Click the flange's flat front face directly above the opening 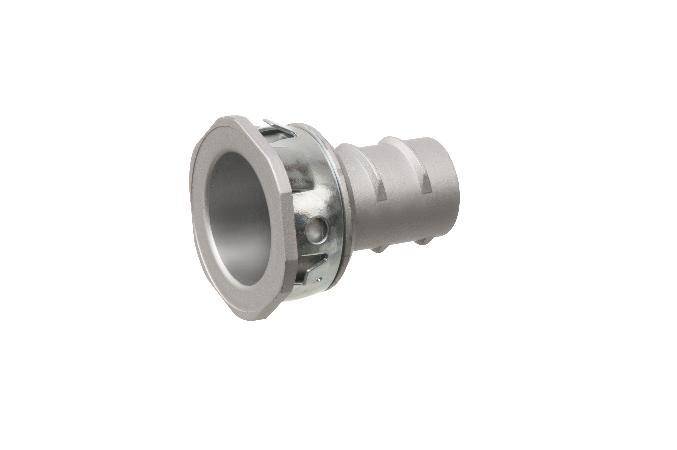(x=229, y=135)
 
